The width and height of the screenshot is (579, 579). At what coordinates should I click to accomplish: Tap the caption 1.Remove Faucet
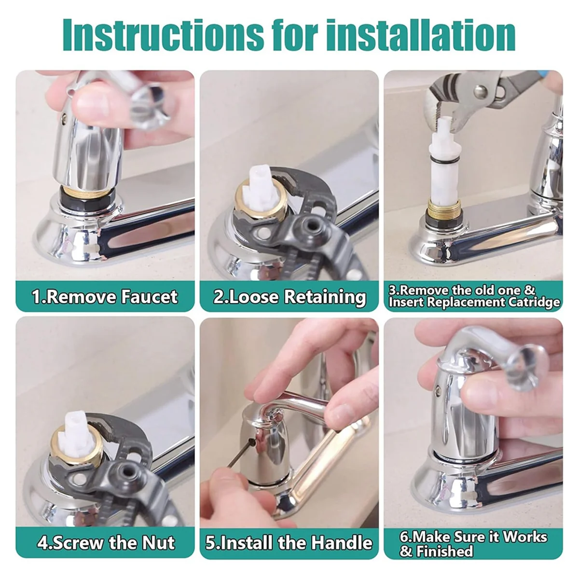pos(105,296)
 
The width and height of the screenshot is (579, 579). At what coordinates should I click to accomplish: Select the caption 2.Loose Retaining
pos(289,296)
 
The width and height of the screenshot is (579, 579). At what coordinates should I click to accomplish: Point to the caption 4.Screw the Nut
pos(106,543)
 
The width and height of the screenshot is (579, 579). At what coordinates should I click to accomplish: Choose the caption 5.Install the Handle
pos(289,543)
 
